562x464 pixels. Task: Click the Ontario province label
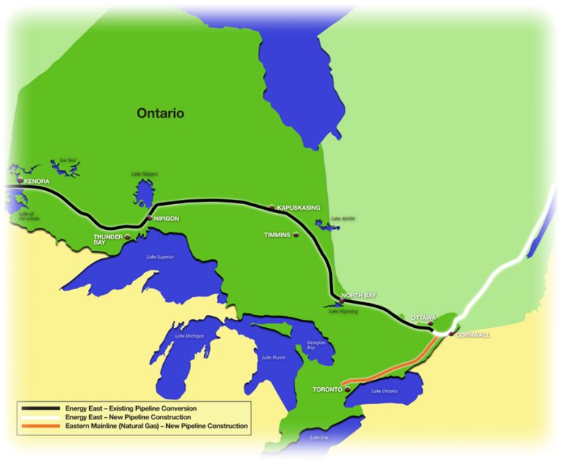pyautogui.click(x=160, y=113)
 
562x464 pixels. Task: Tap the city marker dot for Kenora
pyautogui.click(x=20, y=179)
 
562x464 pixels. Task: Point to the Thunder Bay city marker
pyautogui.click(x=128, y=236)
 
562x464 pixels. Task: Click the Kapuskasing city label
pyautogui.click(x=299, y=208)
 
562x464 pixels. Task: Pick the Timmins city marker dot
pyautogui.click(x=296, y=235)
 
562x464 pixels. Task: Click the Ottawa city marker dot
pyautogui.click(x=432, y=323)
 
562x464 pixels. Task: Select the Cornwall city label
pyautogui.click(x=473, y=334)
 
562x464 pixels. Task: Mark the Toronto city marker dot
pyautogui.click(x=345, y=389)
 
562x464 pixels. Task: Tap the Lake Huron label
pyautogui.click(x=267, y=356)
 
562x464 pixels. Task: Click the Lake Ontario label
pyautogui.click(x=384, y=392)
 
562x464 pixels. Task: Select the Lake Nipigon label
pyautogui.click(x=144, y=173)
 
